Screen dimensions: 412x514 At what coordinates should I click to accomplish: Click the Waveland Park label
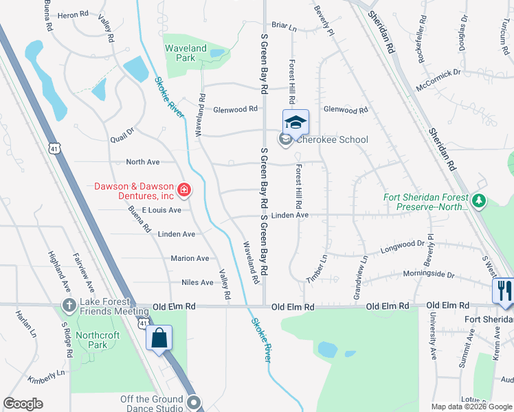coord(186,53)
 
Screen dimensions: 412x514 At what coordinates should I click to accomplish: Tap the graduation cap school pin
coord(295,122)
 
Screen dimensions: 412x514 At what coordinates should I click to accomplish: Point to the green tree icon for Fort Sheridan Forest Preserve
coord(480,201)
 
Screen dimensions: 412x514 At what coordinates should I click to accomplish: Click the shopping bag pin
coord(159,338)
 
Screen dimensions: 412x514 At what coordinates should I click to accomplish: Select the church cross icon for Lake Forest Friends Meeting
coord(69,304)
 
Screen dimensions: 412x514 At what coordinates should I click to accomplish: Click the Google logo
coord(23,404)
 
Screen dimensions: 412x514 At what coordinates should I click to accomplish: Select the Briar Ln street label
coord(283,28)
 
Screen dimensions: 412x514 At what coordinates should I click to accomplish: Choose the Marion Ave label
coord(190,258)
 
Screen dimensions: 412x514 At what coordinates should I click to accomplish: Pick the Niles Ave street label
coord(197,282)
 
